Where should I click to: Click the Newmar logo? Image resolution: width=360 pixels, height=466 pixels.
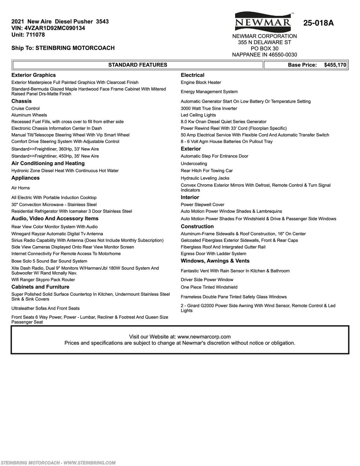(x=263, y=22)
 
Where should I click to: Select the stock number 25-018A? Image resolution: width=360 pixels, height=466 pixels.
(x=318, y=23)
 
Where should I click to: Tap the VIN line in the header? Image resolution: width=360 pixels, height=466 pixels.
(x=48, y=28)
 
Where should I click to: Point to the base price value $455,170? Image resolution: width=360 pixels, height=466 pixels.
(x=335, y=65)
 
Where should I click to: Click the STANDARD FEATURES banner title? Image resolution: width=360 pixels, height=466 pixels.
(x=138, y=65)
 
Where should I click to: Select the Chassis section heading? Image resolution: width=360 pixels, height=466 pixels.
(x=22, y=101)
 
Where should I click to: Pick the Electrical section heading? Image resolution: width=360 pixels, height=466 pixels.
(x=193, y=75)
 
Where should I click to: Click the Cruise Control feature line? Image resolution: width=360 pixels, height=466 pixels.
(x=25, y=109)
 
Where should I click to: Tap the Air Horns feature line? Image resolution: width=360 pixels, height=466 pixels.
(x=21, y=188)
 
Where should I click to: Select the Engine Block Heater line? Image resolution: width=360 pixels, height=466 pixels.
(x=201, y=83)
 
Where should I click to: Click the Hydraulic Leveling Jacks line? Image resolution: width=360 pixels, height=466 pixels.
(x=205, y=178)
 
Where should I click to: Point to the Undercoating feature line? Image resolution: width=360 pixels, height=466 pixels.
(x=194, y=164)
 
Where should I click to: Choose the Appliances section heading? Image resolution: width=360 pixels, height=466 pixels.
(x=25, y=178)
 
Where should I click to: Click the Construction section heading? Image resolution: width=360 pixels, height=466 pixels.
(x=197, y=227)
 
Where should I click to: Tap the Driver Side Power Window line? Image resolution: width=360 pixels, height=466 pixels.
(x=207, y=280)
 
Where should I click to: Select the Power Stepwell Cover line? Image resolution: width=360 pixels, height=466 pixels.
(x=203, y=205)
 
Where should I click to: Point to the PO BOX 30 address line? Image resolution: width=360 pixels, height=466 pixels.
(x=264, y=49)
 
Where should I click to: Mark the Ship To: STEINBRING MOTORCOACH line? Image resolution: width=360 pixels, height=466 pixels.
(x=63, y=48)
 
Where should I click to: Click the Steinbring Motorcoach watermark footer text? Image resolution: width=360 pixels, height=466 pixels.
(x=58, y=463)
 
